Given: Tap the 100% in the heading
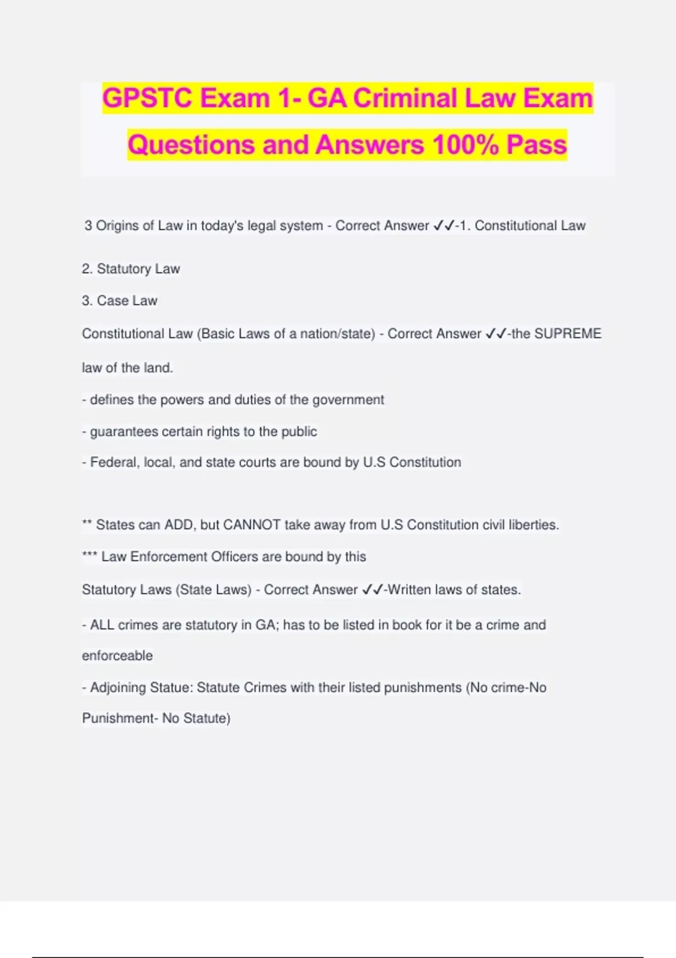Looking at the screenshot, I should pos(465,145).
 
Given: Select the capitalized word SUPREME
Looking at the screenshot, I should pos(567,334).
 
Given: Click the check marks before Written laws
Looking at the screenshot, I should pos(372,589).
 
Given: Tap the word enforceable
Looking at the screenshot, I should pos(117,656).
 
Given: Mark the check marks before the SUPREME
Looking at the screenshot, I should pos(496,334).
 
